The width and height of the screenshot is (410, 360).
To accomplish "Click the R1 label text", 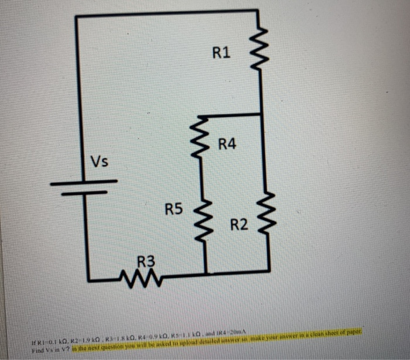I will pos(221,54).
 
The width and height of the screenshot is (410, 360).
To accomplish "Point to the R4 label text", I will pos(227,143).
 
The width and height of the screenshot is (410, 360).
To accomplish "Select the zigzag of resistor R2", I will pos(268,213).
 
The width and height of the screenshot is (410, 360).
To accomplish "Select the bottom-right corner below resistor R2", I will pos(269,270).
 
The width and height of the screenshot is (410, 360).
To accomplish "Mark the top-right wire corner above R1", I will pos(258,11).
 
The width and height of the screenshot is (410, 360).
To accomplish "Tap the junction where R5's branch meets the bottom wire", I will pos(206,273).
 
